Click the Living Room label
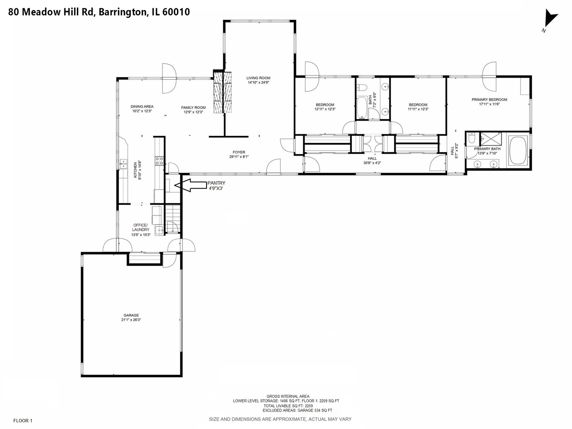(x=258, y=78)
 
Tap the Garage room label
(x=131, y=315)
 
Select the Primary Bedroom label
(x=489, y=100)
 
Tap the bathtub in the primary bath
(x=518, y=151)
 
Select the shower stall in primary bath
(x=491, y=139)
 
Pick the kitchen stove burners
(x=159, y=161)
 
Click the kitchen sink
(x=124, y=164)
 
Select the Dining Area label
(x=142, y=106)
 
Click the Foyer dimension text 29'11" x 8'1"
(x=239, y=157)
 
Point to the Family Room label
(x=193, y=107)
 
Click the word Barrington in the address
(x=122, y=12)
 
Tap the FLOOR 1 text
(x=23, y=421)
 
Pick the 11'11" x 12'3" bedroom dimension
(x=418, y=109)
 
